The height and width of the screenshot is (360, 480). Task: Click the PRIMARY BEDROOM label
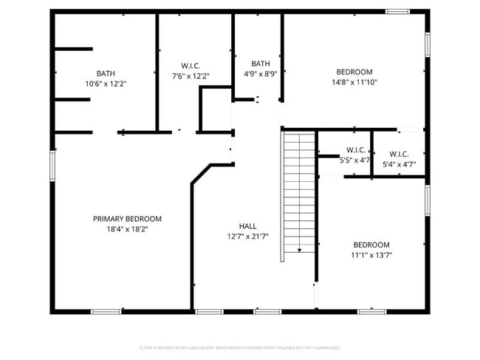click(127, 219)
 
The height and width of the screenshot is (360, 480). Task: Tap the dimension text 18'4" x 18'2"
click(127, 229)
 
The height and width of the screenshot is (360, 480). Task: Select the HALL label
click(248, 226)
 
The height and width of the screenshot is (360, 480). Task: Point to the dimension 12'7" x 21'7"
click(248, 237)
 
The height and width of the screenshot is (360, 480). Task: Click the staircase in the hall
click(299, 192)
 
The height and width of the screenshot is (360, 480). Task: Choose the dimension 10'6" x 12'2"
click(106, 84)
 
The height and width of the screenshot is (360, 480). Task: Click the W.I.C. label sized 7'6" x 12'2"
click(191, 66)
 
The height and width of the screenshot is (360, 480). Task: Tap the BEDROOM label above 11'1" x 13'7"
click(371, 245)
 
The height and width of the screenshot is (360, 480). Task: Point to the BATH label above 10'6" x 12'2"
click(106, 73)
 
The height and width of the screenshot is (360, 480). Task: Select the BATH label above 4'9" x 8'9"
click(261, 64)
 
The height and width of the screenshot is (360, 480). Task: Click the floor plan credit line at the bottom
click(240, 347)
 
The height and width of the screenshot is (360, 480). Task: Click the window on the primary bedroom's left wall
click(52, 165)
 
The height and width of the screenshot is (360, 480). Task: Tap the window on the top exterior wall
click(399, 11)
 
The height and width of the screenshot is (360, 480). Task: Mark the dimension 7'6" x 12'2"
click(191, 76)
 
